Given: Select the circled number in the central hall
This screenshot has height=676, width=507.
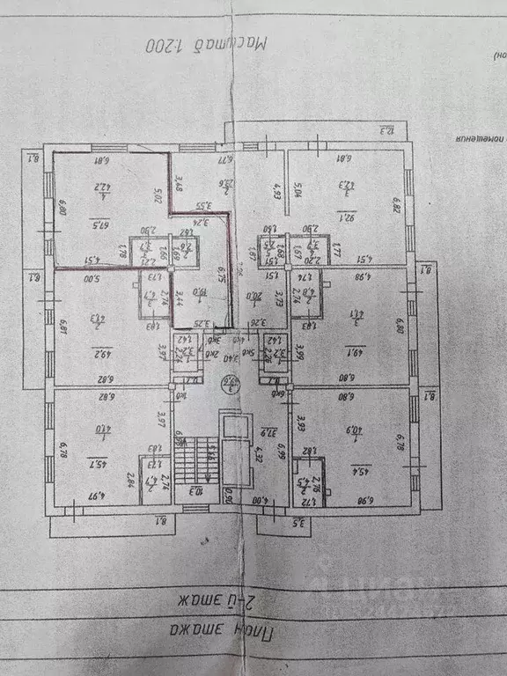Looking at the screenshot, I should click(229, 383).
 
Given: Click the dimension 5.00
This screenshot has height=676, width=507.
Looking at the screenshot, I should click(92, 279).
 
